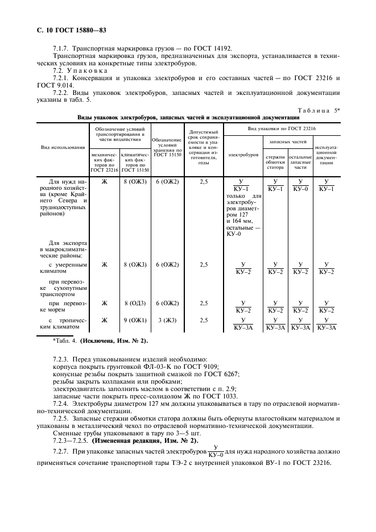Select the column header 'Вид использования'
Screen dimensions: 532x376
[63, 147]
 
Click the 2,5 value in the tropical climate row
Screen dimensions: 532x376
[204, 320]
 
